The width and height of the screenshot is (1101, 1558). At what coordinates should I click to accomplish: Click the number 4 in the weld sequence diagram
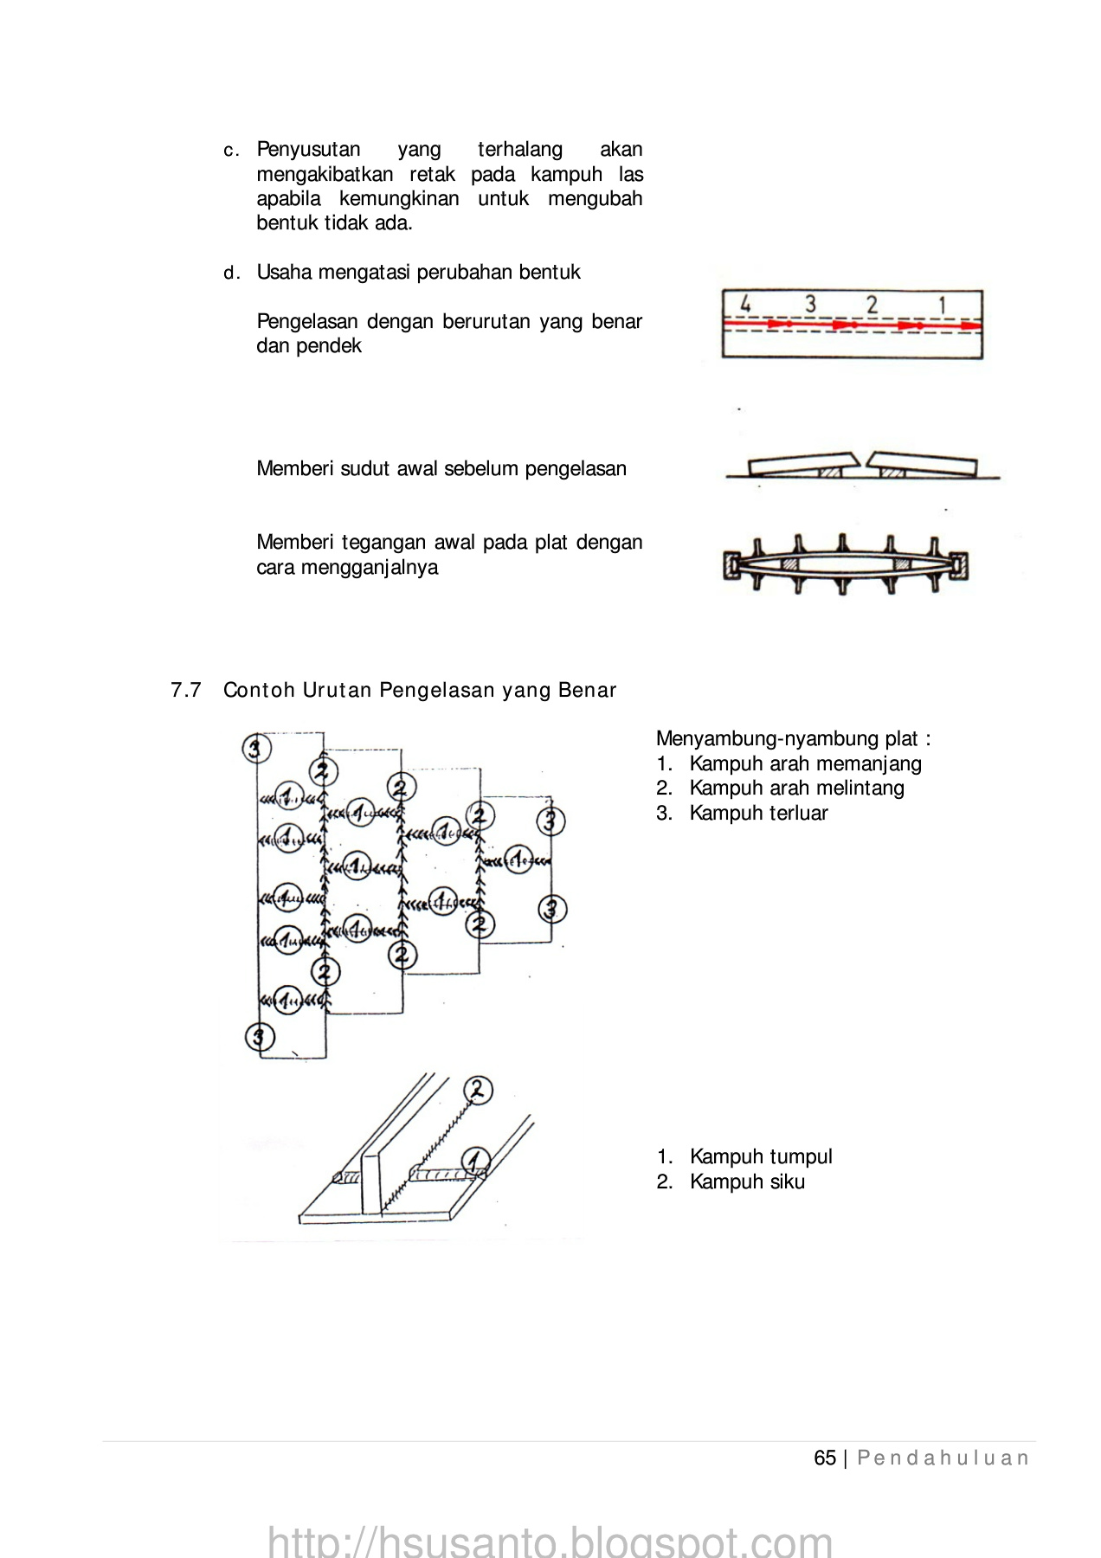point(744,305)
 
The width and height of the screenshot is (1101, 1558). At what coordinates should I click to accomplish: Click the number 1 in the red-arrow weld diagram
point(942,305)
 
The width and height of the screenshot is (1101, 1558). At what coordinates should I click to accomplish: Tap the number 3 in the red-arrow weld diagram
point(810,305)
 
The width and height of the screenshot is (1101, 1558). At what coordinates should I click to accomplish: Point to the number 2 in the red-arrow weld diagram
point(872,305)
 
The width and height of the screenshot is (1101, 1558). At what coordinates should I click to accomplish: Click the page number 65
point(825,1458)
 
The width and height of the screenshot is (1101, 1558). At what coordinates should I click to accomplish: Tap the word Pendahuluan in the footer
point(943,1458)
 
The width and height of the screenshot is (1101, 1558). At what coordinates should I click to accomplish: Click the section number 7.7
point(186,690)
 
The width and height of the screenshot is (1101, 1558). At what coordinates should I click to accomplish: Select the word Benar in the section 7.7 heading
point(588,690)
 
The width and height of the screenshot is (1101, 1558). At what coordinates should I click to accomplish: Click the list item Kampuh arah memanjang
point(805,763)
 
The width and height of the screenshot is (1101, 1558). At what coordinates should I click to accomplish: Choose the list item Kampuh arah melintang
point(796,788)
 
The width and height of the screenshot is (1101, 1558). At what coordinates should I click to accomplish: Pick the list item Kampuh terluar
point(758,813)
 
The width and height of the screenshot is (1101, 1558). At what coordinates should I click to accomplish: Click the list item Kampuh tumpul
point(761,1156)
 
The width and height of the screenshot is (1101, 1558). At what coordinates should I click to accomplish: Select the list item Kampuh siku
point(747,1181)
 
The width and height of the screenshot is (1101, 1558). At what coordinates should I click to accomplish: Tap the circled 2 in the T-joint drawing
point(478,1091)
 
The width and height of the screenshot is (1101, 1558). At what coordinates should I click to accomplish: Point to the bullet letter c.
point(229,151)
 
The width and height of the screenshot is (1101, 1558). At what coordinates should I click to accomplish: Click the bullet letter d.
point(229,274)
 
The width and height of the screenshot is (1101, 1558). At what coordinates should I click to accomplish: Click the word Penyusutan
point(309,150)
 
